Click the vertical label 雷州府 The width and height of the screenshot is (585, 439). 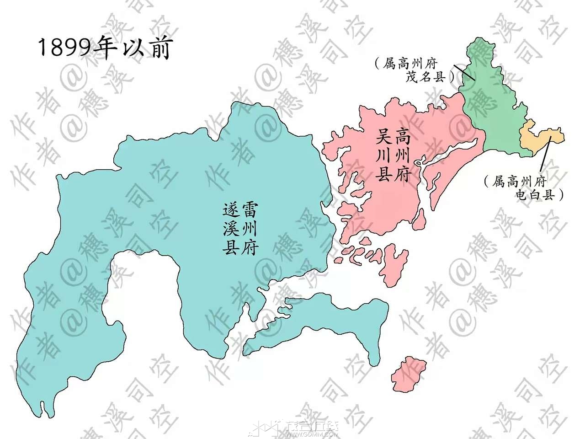[x=250, y=228]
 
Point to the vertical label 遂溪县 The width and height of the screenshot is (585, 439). [x=231, y=228]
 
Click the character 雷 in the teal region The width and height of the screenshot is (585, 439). [x=250, y=210]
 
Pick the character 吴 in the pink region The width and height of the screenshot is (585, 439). [x=383, y=136]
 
